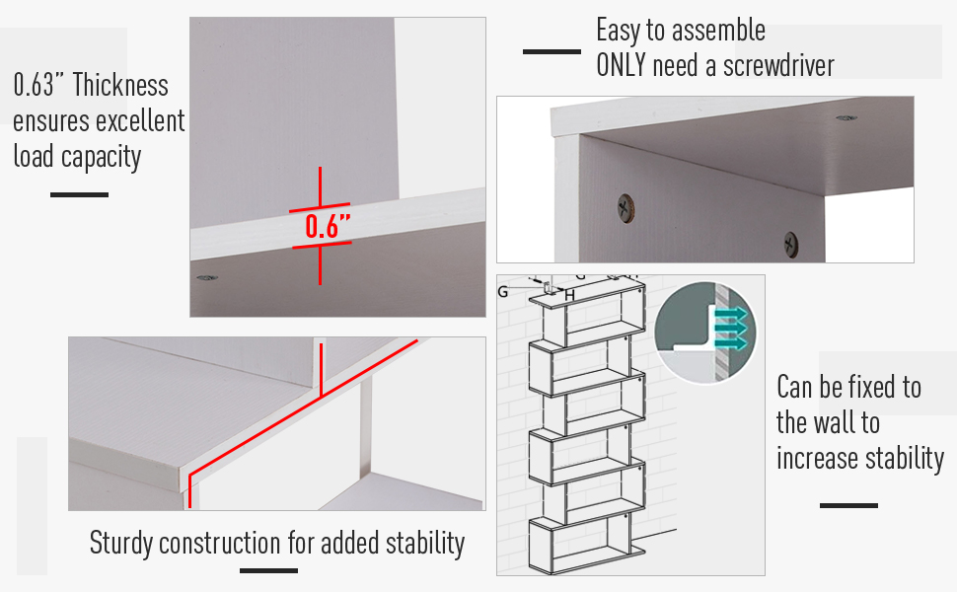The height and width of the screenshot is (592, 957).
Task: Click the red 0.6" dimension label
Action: click(x=322, y=227)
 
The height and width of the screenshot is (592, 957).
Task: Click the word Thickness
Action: click(x=120, y=85)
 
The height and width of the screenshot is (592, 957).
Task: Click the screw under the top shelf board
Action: click(x=845, y=118)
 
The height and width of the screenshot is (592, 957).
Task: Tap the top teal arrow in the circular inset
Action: click(x=731, y=314)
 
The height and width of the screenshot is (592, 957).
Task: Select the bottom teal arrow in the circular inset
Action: click(x=731, y=344)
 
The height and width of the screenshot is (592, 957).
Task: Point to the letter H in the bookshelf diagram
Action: click(x=569, y=295)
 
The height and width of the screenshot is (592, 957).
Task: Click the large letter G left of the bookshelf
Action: click(x=503, y=291)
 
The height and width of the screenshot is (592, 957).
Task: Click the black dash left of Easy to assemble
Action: click(x=552, y=51)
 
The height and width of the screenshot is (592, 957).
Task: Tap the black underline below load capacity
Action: click(x=79, y=194)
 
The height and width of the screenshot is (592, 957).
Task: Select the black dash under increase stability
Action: click(x=848, y=505)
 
